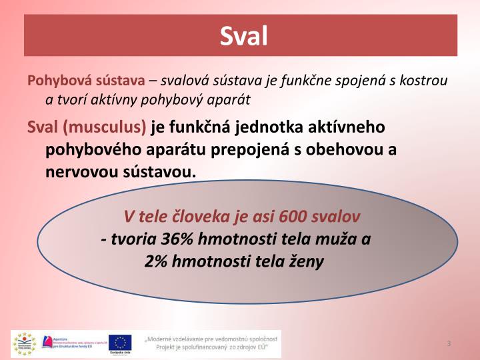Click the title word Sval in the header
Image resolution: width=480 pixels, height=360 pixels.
click(243, 35)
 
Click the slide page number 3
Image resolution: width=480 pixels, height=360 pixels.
click(449, 343)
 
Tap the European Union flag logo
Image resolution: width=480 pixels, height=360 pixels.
click(120, 342)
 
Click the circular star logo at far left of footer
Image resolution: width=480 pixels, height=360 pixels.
click(24, 343)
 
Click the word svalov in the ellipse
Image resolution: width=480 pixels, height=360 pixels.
click(337, 217)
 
